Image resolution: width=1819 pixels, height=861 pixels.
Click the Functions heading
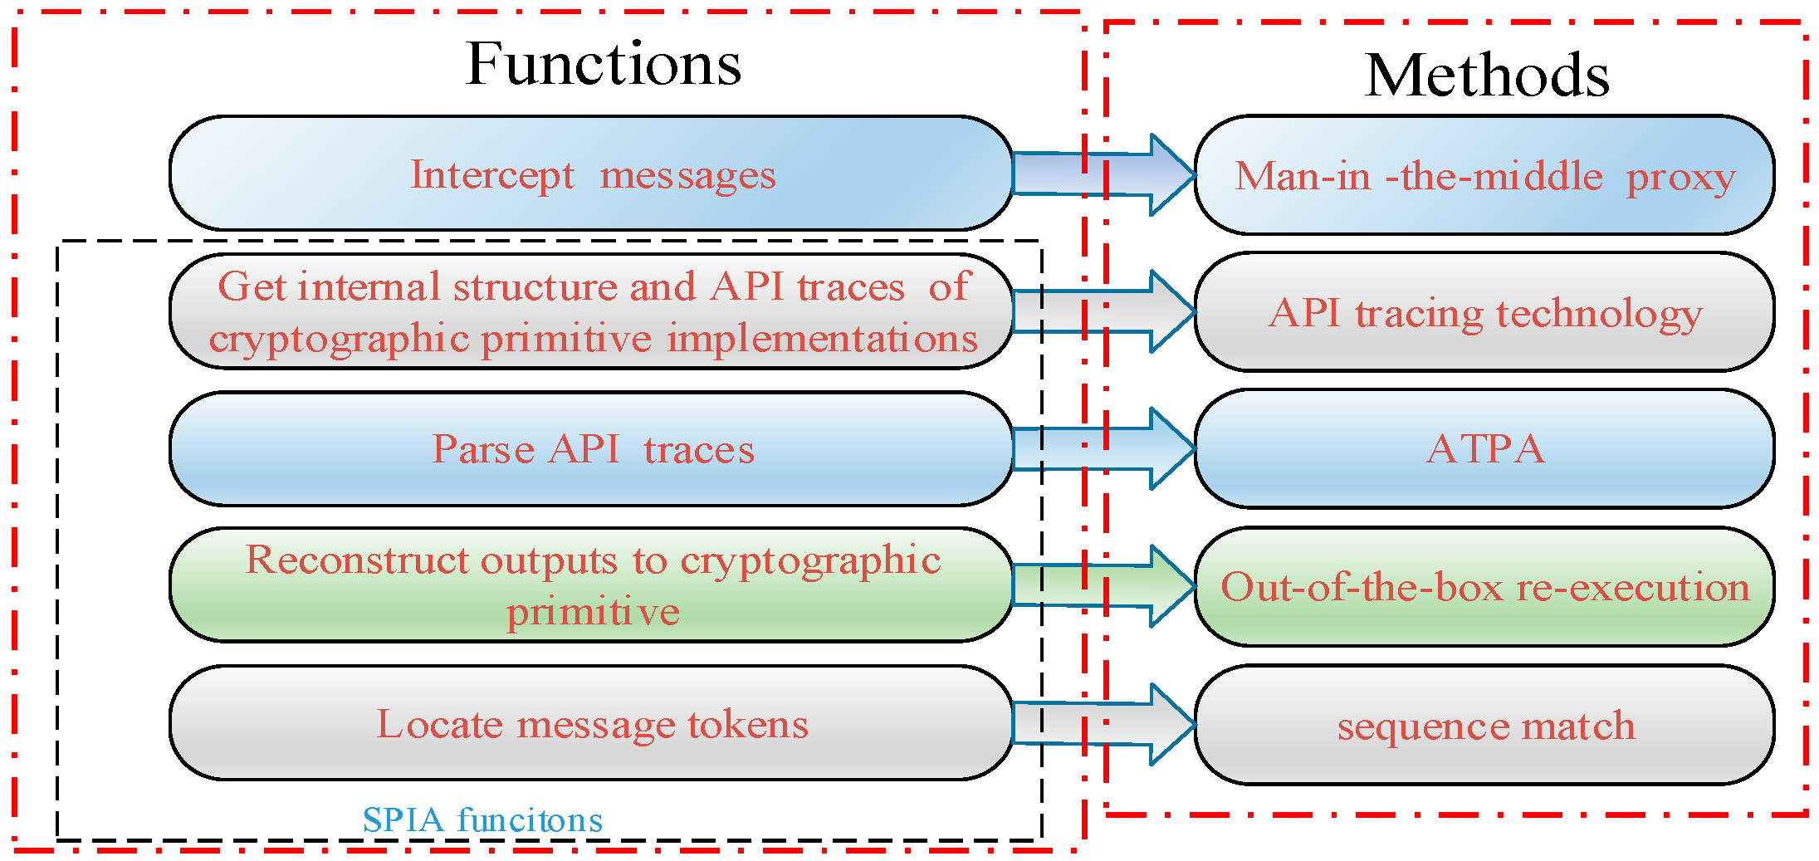(x=604, y=64)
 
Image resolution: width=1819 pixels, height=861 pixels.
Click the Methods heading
(x=1486, y=76)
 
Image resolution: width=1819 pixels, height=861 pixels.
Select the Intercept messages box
(x=591, y=174)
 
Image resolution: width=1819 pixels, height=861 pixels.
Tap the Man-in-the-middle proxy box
(x=1484, y=175)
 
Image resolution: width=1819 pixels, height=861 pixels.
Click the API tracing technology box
(x=1484, y=313)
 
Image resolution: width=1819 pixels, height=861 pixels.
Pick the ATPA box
(x=1484, y=449)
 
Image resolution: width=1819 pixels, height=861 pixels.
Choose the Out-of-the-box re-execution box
(x=1484, y=587)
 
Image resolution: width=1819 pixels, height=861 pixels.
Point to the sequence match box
(x=1484, y=725)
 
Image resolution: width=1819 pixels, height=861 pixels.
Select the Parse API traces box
(x=591, y=449)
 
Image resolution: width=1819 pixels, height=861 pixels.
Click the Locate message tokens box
(x=591, y=723)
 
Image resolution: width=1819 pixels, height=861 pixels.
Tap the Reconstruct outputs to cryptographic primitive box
(x=591, y=585)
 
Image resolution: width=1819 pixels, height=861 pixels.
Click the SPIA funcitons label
(x=482, y=820)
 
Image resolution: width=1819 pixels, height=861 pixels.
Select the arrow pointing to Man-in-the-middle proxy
(x=1104, y=174)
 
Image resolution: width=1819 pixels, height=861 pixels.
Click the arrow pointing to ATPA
(x=1104, y=448)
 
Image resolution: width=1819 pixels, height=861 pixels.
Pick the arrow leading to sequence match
(x=1104, y=724)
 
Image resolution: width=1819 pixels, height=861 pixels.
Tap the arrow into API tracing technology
(x=1104, y=311)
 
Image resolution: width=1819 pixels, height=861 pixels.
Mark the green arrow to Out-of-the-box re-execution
(x=1104, y=586)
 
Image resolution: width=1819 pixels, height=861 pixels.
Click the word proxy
(x=1680, y=178)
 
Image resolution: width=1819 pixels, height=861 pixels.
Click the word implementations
(x=822, y=339)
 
